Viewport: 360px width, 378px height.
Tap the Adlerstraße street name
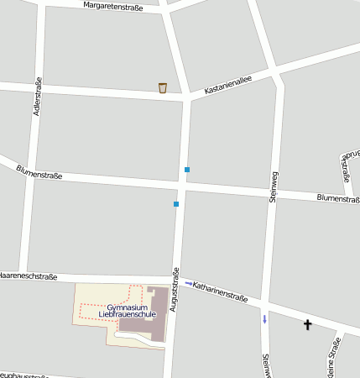coord(36,97)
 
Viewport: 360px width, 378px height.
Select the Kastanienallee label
coord(221,85)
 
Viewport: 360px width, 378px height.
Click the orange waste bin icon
coord(163,87)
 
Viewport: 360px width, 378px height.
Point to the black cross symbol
coord(308,323)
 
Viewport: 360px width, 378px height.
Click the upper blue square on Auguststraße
coord(186,170)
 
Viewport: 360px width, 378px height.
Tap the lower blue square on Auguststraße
coord(176,204)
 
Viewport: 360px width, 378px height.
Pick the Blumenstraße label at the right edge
coord(338,199)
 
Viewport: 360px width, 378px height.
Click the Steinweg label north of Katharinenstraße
coord(273,186)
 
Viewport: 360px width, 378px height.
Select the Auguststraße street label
coord(175,290)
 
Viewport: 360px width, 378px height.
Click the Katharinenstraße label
coord(220,291)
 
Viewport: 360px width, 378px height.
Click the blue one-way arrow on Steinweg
coord(265,318)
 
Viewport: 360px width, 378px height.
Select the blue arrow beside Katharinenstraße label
coord(188,283)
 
